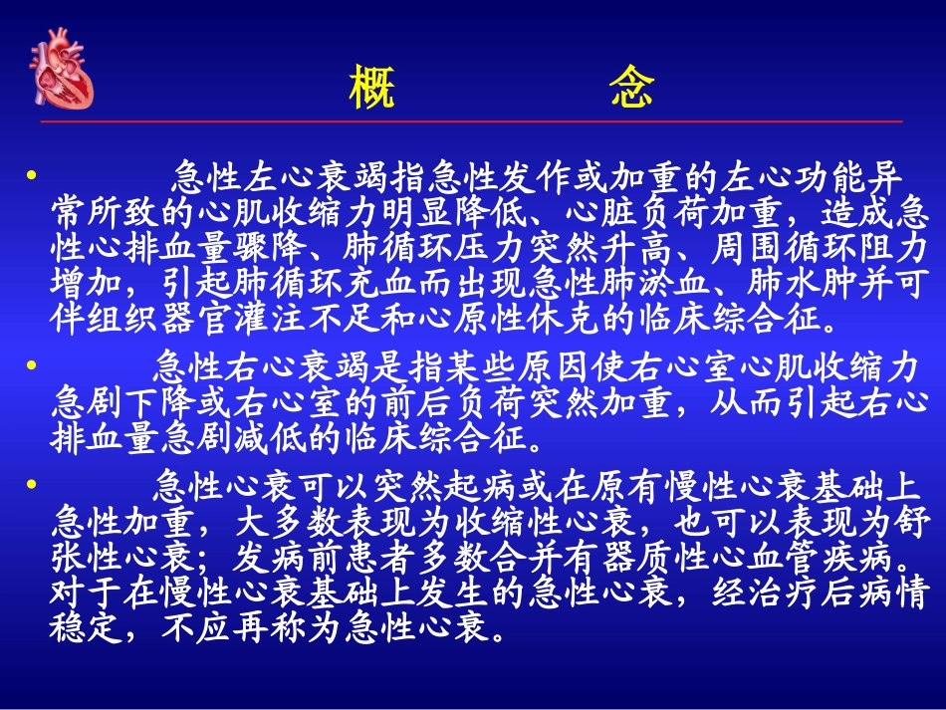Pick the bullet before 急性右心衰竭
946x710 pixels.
30,366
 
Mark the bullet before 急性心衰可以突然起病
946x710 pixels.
30,485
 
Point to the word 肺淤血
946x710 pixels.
644,283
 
